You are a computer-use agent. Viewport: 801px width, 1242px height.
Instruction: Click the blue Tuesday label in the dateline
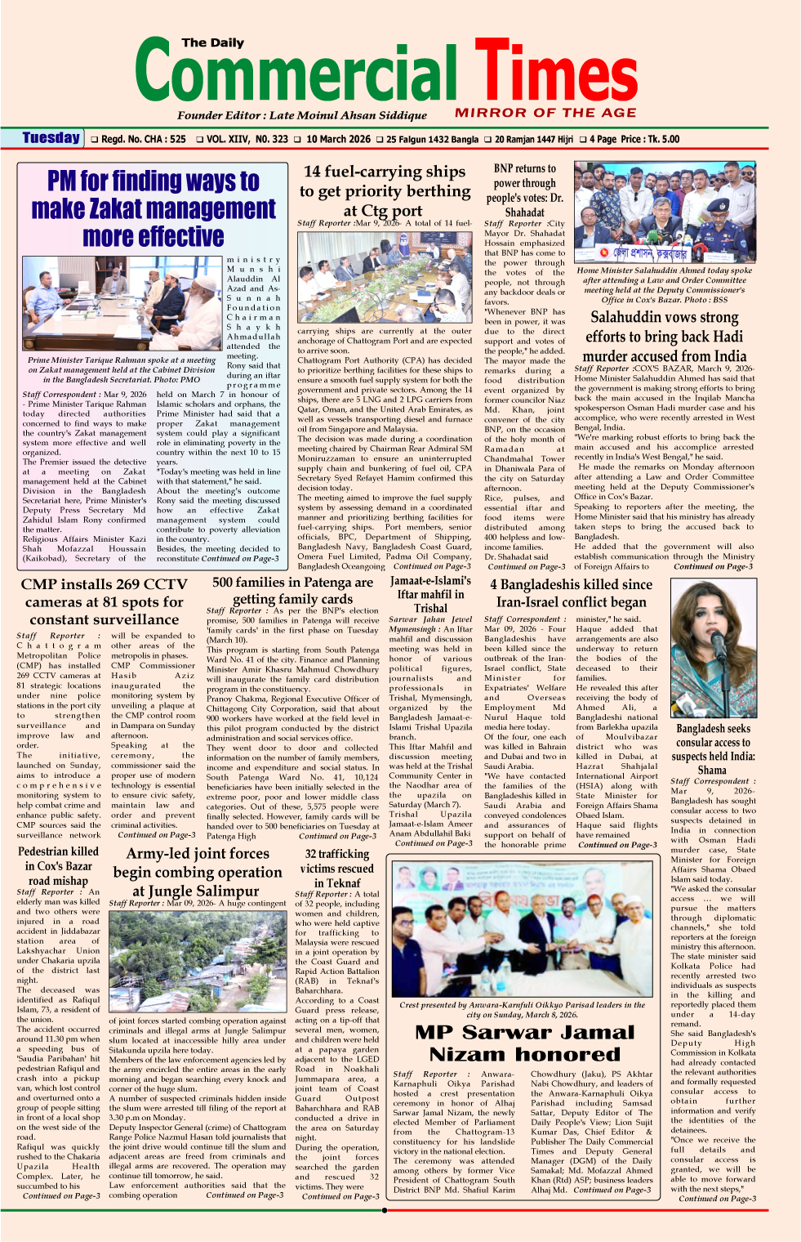pos(51,138)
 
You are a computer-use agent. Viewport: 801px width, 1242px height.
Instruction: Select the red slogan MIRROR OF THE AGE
pos(545,113)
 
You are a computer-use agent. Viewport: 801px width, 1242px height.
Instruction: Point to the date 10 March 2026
pos(338,139)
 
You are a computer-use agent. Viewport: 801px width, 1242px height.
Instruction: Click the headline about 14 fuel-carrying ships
pos(385,190)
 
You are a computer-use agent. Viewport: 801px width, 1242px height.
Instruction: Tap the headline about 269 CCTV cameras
pos(104,601)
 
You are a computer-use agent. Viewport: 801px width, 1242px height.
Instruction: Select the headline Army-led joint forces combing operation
pos(196,872)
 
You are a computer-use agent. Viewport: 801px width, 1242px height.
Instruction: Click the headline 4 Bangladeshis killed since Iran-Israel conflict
pos(571,593)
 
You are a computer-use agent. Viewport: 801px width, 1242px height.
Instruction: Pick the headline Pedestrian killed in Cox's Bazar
pos(58,865)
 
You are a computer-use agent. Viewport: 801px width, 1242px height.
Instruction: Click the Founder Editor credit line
pos(302,115)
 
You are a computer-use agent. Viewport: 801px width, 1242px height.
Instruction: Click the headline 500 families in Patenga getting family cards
pos(292,590)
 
